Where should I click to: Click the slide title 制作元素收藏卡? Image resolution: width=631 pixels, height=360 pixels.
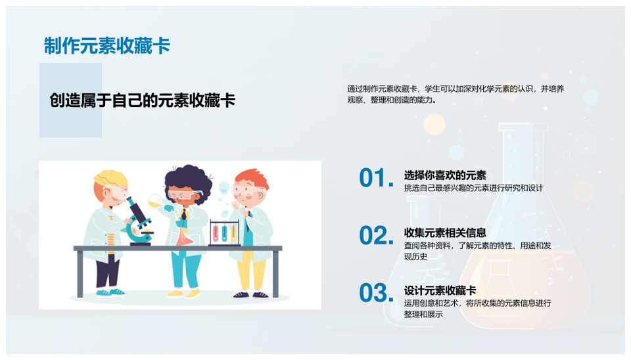(x=107, y=45)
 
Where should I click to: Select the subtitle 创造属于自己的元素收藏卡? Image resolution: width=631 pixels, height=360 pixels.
(x=142, y=100)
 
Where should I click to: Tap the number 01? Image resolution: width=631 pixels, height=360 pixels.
(x=376, y=178)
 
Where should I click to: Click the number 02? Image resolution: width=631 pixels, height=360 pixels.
(x=376, y=235)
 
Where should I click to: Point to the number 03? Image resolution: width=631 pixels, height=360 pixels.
(x=376, y=293)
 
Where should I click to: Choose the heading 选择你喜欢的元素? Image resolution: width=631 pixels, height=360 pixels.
(x=445, y=175)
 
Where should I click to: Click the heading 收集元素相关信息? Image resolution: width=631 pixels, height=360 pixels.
(x=445, y=233)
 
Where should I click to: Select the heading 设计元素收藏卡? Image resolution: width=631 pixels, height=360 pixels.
(x=440, y=290)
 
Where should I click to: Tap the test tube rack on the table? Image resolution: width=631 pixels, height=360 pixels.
(x=225, y=233)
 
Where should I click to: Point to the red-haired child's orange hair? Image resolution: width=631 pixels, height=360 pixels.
(x=252, y=179)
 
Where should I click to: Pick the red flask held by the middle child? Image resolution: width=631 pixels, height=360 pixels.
(x=184, y=237)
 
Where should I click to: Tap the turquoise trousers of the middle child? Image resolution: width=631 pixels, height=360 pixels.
(x=185, y=269)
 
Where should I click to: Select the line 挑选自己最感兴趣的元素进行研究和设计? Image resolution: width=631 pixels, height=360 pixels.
(x=474, y=188)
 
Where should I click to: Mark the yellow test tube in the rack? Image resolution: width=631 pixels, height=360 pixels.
(x=233, y=233)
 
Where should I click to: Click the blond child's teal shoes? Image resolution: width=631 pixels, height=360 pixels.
(x=110, y=292)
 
